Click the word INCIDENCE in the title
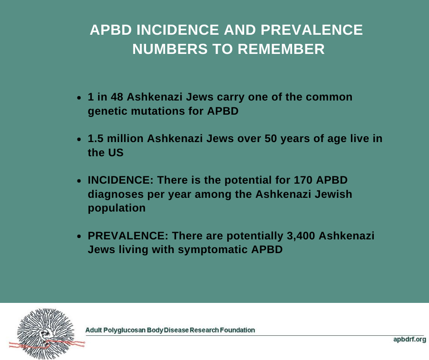click(178, 30)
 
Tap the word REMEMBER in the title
click(281, 49)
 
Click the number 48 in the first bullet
click(117, 97)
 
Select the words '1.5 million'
click(115, 138)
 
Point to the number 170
click(303, 180)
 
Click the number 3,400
click(301, 236)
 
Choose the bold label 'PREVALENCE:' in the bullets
click(128, 236)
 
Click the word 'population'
click(116, 208)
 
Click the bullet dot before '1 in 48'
click(79, 97)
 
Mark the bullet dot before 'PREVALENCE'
click(79, 236)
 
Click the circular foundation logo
click(46, 334)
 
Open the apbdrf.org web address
click(409, 339)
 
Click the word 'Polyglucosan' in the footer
click(124, 330)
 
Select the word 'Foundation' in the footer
click(237, 330)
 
